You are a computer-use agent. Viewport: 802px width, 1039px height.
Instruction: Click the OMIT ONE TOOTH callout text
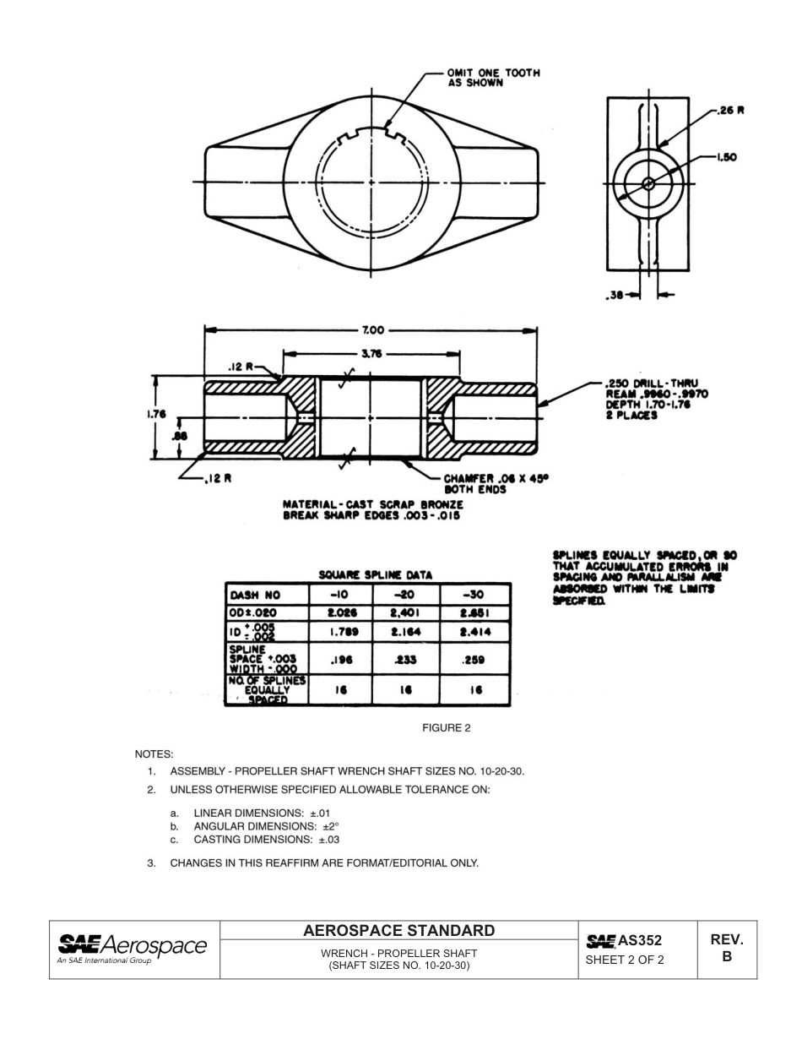pyautogui.click(x=493, y=78)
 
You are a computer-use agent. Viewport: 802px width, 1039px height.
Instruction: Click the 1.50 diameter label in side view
pyautogui.click(x=729, y=156)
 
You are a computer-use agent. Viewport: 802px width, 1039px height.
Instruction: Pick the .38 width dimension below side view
pyautogui.click(x=616, y=295)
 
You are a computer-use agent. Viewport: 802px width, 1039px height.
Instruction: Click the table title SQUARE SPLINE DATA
pyautogui.click(x=375, y=574)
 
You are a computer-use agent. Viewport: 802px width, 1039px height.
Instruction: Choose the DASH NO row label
pyautogui.click(x=256, y=594)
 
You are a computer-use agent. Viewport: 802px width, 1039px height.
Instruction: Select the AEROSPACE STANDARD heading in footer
pyautogui.click(x=398, y=931)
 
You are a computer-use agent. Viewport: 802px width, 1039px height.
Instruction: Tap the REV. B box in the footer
pyautogui.click(x=726, y=949)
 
